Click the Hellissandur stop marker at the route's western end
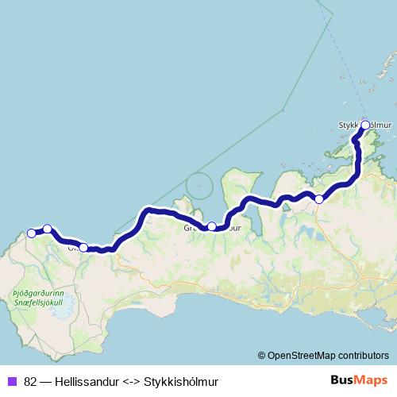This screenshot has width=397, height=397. point(32,233)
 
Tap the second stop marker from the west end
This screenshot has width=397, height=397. point(48,229)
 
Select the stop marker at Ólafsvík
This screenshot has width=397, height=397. point(83,247)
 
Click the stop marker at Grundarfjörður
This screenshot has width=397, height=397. point(212,226)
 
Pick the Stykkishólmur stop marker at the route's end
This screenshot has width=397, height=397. point(365,125)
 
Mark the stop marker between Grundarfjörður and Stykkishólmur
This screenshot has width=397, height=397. point(319,198)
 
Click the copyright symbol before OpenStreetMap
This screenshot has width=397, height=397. point(261,356)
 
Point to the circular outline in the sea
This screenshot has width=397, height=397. point(199,188)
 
